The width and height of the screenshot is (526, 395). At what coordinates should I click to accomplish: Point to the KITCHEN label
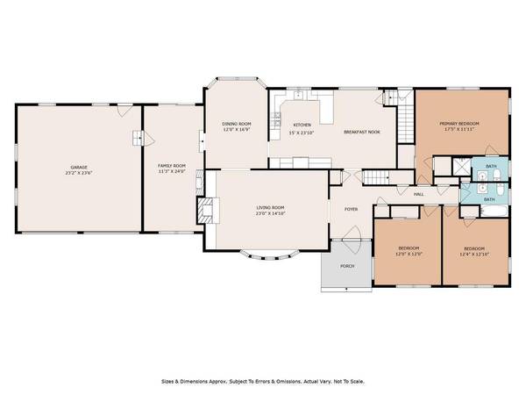[302, 126]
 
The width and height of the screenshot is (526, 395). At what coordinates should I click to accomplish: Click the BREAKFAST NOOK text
[362, 132]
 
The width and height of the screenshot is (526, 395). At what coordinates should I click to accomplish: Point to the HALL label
[419, 194]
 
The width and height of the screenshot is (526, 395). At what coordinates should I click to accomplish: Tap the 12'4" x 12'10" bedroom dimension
[474, 254]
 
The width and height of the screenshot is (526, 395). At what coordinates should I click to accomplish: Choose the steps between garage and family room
[138, 138]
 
